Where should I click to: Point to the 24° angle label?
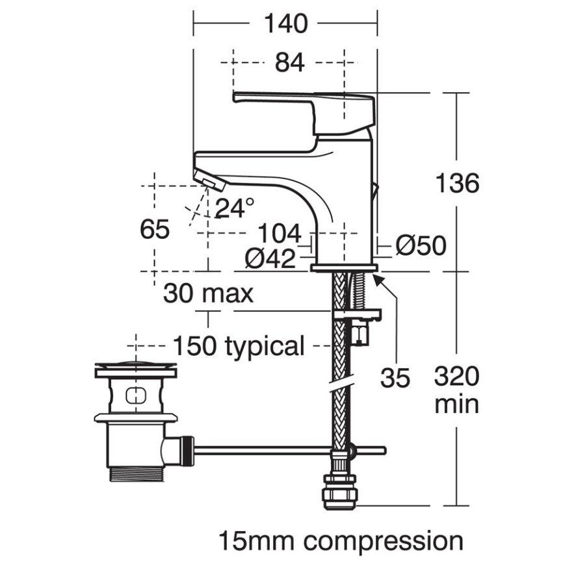[235, 208]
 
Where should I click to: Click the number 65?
[155, 229]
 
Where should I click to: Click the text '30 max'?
[208, 294]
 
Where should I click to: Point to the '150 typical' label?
[238, 346]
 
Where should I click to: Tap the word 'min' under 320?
[456, 404]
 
